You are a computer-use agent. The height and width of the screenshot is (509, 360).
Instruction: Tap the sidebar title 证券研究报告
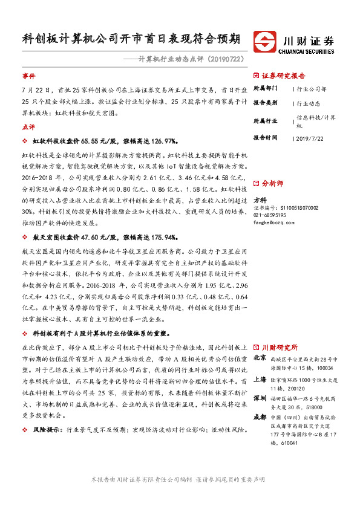(x=284, y=76)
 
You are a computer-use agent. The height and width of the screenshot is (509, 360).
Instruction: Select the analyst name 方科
(x=260, y=199)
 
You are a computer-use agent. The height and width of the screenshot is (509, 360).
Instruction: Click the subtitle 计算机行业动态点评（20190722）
(x=191, y=59)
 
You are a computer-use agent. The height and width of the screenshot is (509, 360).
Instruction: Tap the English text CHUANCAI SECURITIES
(x=307, y=52)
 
